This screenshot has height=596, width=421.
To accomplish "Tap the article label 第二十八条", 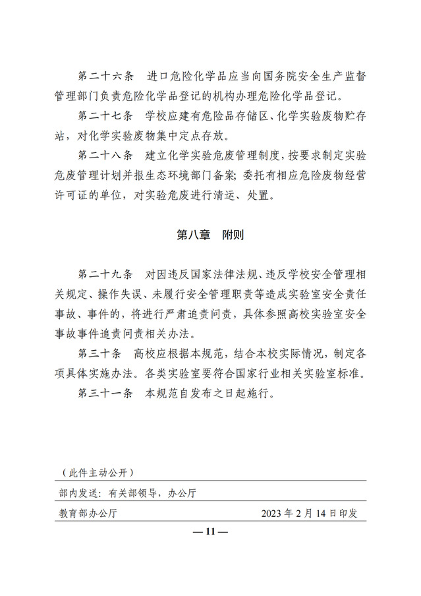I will coord(105,157).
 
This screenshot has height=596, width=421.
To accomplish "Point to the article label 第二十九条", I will coord(105,273).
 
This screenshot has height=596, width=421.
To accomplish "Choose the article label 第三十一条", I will coord(105,395).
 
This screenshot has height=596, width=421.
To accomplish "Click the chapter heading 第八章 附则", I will coord(210,235).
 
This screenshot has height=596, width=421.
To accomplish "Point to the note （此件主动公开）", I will coord(96,473).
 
